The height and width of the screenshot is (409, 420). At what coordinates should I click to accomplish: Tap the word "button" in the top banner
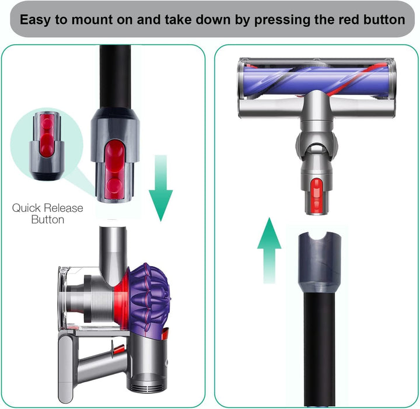tap(380, 19)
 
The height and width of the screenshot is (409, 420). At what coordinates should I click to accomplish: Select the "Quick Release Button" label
tap(48, 214)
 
